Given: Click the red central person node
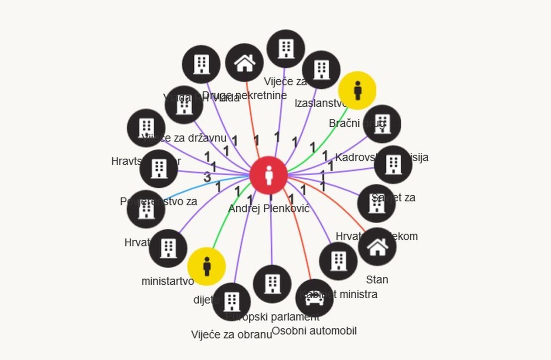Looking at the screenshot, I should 268,176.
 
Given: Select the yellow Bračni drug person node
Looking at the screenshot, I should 357,90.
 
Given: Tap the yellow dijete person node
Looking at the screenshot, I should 206,266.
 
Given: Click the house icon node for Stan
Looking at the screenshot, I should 377,247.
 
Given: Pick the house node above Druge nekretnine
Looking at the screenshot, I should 244,63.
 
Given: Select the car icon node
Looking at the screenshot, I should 314,298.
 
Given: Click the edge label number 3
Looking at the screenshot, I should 207,177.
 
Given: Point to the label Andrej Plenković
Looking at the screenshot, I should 269,209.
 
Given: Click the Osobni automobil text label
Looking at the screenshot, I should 314,331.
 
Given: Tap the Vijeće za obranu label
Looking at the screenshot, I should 231,335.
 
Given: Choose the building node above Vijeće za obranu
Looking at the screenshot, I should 231,301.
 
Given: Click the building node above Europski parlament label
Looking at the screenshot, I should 272,284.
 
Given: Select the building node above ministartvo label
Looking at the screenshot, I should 168,248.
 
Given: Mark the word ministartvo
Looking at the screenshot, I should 168,281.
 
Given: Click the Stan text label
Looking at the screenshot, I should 377,280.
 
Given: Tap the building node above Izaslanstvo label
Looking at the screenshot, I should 321,70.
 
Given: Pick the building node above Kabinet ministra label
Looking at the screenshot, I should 338,261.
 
